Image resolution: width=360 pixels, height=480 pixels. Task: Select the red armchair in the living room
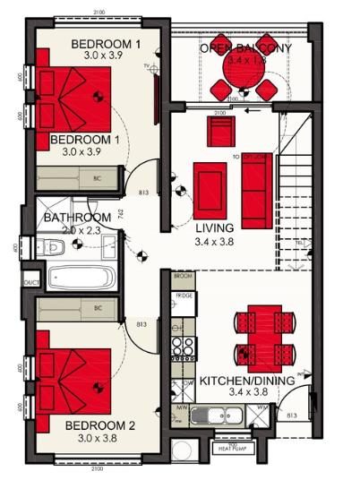tap(220, 133)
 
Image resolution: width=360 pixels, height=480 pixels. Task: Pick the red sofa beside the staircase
tap(257, 177)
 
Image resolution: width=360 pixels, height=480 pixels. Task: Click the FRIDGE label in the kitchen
tap(184, 295)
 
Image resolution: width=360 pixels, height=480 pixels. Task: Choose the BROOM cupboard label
tap(183, 278)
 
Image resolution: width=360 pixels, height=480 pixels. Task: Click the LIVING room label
tap(214, 228)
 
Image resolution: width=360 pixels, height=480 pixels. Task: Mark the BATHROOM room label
tap(77, 218)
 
